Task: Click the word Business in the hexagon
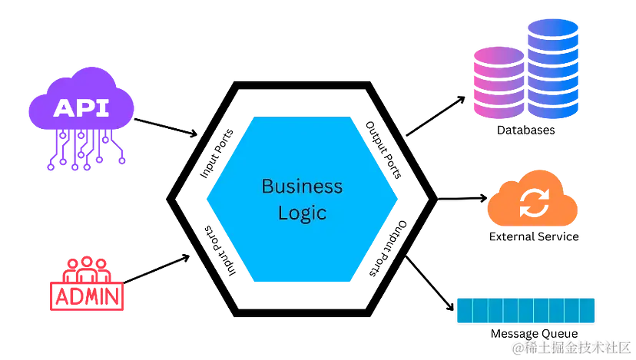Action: [302, 187]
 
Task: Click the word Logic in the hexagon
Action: [302, 213]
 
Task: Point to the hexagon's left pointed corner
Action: [207, 200]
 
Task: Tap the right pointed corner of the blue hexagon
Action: [398, 200]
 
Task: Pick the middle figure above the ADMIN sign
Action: [86, 269]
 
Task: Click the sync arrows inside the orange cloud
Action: [532, 203]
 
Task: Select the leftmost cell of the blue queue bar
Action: [464, 311]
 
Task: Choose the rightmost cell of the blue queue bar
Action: [588, 311]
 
